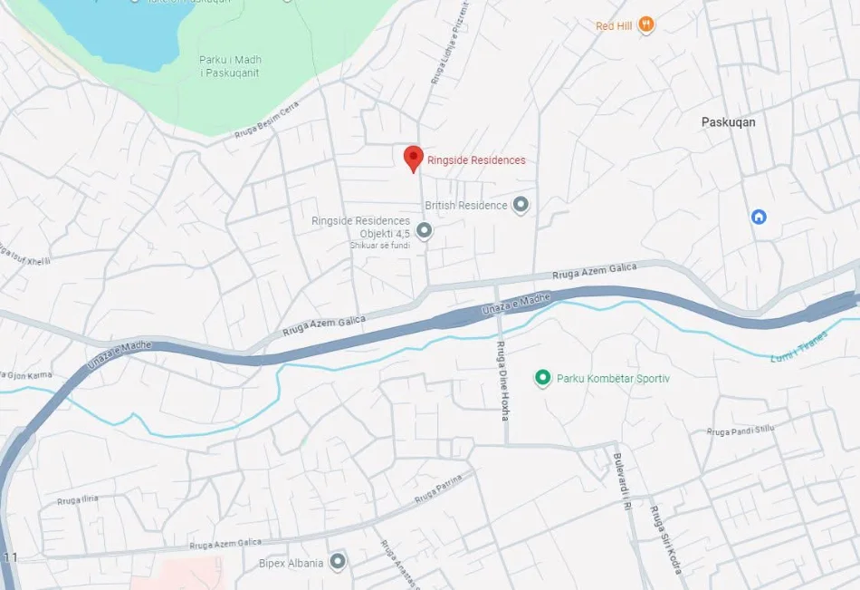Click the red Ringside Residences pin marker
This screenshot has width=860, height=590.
(x=413, y=158)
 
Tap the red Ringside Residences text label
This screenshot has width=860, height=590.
(x=476, y=160)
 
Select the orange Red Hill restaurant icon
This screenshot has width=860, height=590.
(x=645, y=24)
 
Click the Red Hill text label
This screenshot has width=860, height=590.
(x=614, y=26)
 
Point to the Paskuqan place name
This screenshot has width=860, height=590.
(x=728, y=121)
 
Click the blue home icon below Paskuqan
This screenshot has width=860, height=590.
(x=759, y=217)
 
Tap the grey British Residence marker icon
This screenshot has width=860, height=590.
(x=521, y=205)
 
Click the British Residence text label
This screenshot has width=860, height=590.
(x=466, y=206)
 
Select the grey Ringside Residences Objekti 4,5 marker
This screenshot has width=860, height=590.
(x=424, y=231)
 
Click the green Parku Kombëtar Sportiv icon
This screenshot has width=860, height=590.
(x=542, y=377)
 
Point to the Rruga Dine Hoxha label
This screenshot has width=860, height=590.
(x=502, y=381)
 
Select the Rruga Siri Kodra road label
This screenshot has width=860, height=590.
(x=664, y=540)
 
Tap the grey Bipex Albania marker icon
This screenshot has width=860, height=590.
(x=338, y=563)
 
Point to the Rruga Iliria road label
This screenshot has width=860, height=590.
(x=77, y=499)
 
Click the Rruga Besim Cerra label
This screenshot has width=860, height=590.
(x=266, y=121)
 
